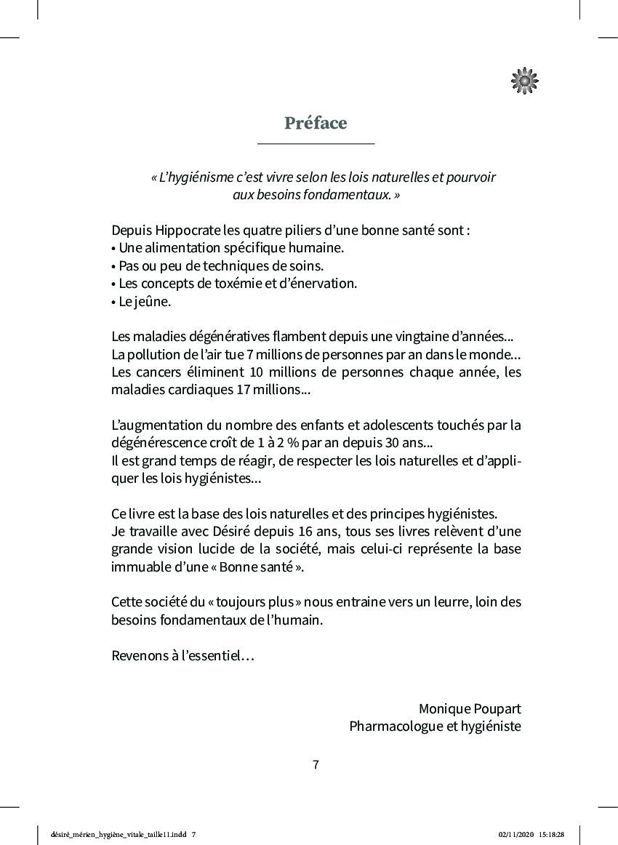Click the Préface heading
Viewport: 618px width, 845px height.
pos(316,123)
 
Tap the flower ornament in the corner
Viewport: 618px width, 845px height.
pos(525,81)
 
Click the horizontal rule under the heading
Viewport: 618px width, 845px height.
pos(316,144)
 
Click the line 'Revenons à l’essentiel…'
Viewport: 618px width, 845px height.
pos(182,656)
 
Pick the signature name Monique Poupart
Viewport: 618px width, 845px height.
pos(470,709)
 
